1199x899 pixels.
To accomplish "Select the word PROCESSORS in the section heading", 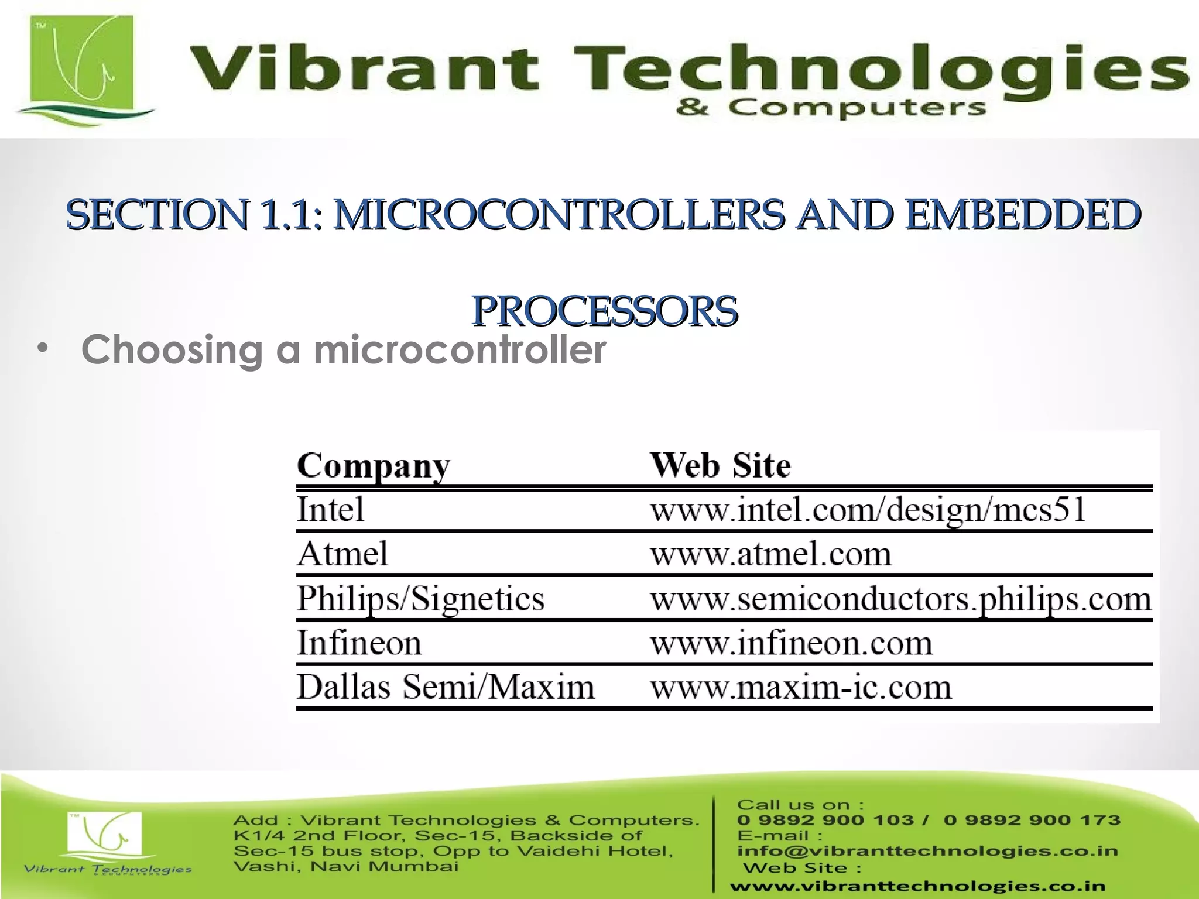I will [604, 311].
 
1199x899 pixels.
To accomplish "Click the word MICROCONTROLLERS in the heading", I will [559, 215].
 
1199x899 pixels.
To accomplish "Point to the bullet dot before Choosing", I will [41, 349].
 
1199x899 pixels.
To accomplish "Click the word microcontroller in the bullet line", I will [460, 350].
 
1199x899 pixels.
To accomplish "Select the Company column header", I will [374, 466].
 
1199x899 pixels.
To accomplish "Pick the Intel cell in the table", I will [331, 509].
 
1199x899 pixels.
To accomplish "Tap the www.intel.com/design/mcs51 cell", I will [868, 510].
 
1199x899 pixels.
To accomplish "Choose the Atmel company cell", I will [342, 554].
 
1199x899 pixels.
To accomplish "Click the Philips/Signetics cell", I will [420, 599].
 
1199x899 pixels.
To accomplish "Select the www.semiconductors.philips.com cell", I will [900, 599].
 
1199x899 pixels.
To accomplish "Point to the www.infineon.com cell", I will [791, 643].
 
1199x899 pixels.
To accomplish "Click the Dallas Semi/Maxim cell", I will [445, 687].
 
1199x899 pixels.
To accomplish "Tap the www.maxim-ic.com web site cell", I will [800, 688].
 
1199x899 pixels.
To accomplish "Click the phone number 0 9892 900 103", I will [825, 820].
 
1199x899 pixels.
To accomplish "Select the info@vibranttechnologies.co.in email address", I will [927, 850].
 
